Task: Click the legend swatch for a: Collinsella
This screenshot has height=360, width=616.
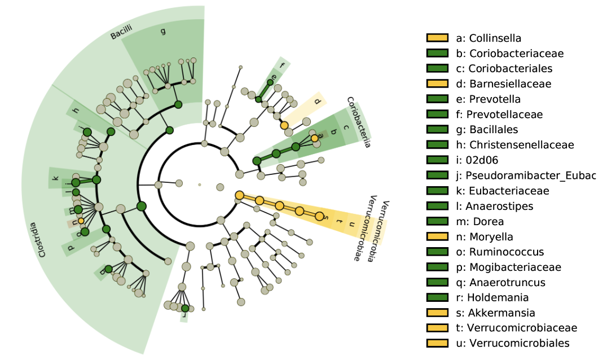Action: tap(437, 38)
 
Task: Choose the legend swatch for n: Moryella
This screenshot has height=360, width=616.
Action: tap(437, 236)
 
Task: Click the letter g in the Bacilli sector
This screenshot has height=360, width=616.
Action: tap(164, 31)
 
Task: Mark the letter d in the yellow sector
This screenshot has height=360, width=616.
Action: tap(317, 102)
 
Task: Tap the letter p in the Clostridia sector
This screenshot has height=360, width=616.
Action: tap(71, 247)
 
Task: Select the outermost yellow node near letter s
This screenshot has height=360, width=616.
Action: tap(320, 217)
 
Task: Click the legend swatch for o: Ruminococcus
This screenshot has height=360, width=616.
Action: tap(437, 252)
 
